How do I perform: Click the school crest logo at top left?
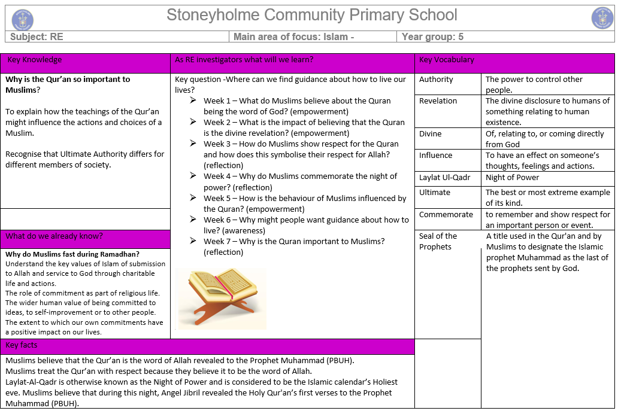coord(23,20)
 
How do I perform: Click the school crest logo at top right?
coord(602,18)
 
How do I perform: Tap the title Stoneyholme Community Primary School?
coord(311,16)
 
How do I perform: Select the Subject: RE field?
coord(37,37)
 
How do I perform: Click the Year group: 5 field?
coord(432,37)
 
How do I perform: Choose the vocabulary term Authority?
coord(436,80)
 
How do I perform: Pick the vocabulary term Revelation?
coord(438,101)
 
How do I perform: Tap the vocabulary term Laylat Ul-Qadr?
coord(445,178)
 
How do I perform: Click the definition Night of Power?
coord(512,178)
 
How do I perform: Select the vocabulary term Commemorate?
coord(446,215)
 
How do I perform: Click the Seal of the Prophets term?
coord(438,241)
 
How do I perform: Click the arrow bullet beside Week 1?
coord(193,101)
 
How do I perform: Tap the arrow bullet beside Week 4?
coord(193,176)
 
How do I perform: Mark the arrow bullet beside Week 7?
coord(193,241)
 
